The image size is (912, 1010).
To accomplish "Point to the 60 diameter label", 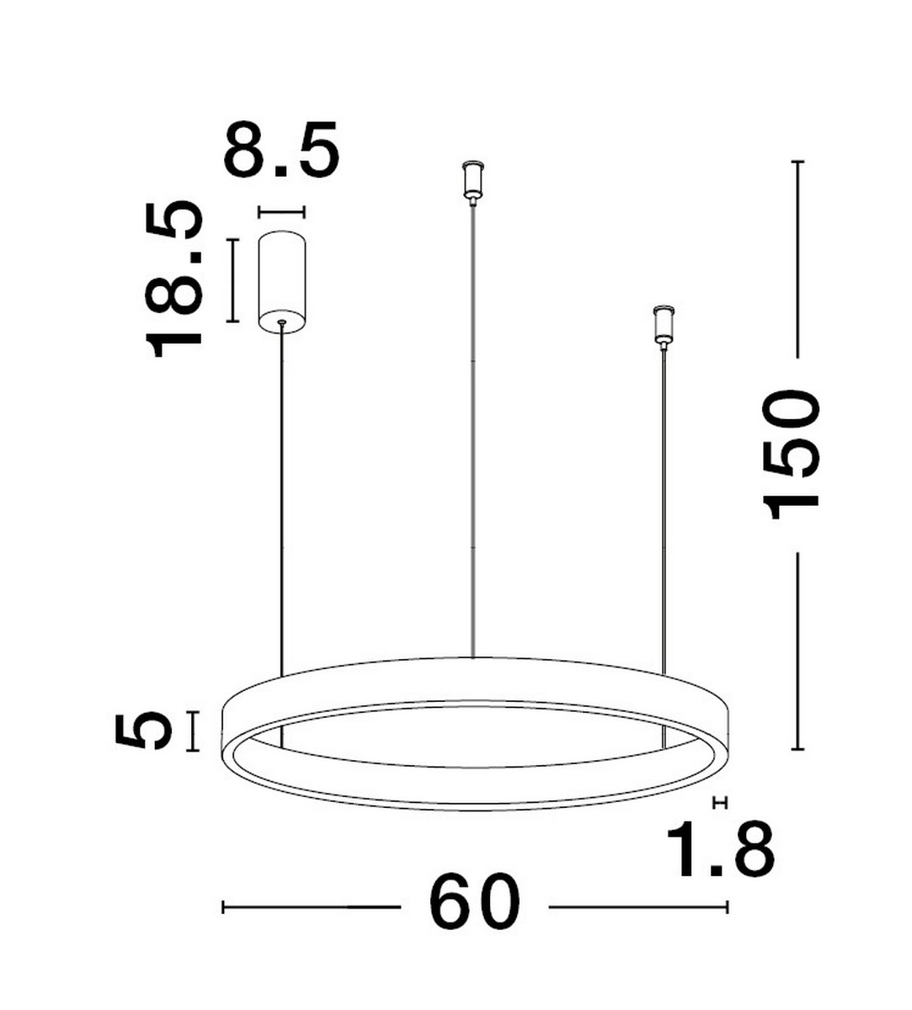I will pyautogui.click(x=474, y=902).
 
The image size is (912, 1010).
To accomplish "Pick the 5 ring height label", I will pyautogui.click(x=142, y=730).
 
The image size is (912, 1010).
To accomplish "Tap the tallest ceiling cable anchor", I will pyautogui.click(x=473, y=180).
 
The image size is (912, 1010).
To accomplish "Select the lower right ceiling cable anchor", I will pyautogui.click(x=664, y=325).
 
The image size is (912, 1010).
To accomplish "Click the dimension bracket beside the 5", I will pyautogui.click(x=195, y=731).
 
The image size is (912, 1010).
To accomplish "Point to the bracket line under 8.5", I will pyautogui.click(x=281, y=212).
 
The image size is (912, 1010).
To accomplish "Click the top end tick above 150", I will pyautogui.click(x=797, y=161).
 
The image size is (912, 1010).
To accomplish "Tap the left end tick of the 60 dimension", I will pyautogui.click(x=223, y=906).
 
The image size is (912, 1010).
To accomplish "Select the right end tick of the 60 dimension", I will pyautogui.click(x=727, y=906).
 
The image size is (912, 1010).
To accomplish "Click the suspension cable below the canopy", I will pyautogui.click(x=281, y=505).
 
